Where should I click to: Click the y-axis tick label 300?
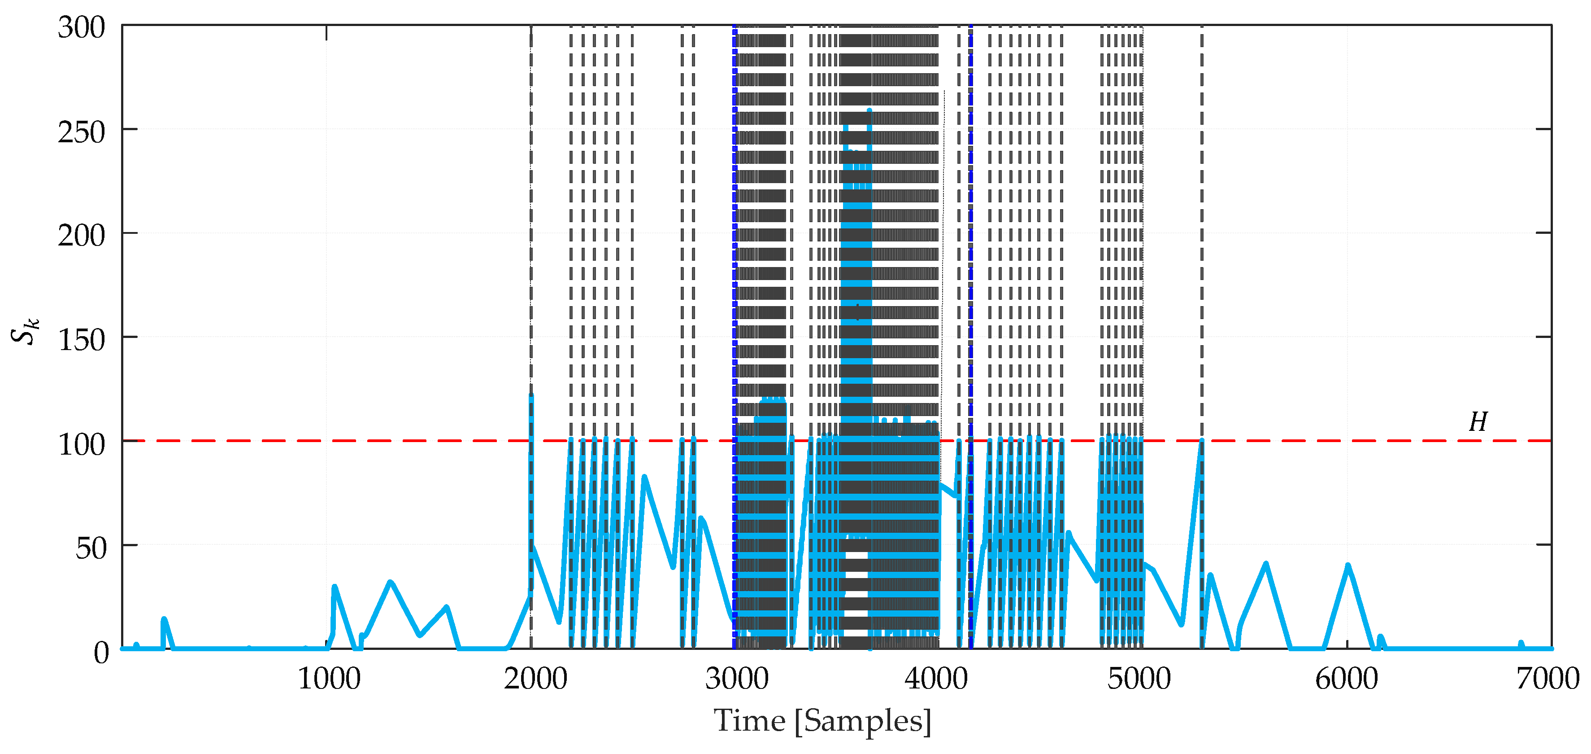82,28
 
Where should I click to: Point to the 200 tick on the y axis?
82,236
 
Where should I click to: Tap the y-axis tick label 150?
82,340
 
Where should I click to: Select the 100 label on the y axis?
82,444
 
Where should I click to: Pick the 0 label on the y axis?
101,653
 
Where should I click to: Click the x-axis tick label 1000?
329,679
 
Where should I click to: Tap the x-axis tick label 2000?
535,679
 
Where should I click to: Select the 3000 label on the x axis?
736,679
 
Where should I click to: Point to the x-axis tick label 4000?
936,679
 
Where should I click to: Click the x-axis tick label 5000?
1138,679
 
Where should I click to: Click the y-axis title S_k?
25,331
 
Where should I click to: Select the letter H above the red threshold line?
1478,422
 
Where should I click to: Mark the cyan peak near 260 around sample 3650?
869,111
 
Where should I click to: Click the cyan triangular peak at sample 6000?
1348,565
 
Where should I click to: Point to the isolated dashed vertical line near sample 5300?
1201,247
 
